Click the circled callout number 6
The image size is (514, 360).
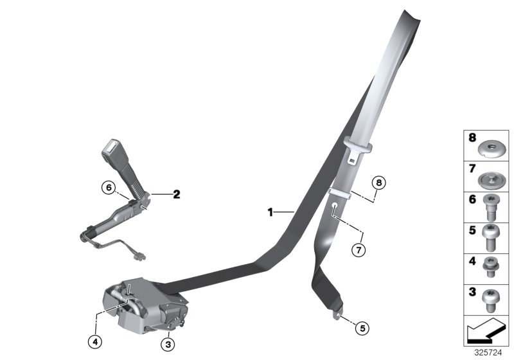pos(109,188)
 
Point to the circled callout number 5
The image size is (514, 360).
pos(362,328)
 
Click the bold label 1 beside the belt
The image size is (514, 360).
pos(271,211)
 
